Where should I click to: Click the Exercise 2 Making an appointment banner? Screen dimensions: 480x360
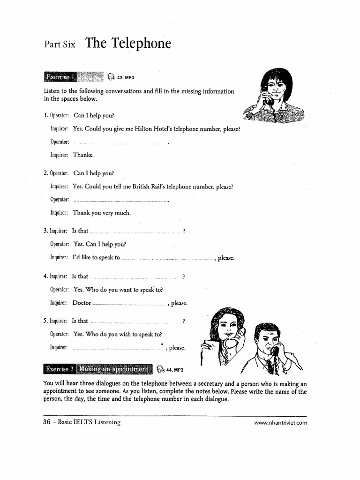[x=98, y=369]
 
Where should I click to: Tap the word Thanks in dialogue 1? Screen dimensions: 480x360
[x=83, y=155]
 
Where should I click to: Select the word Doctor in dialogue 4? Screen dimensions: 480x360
[x=82, y=303]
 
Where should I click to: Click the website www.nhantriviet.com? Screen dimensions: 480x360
[x=280, y=422]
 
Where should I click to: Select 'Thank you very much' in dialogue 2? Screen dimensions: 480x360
[x=102, y=213]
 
